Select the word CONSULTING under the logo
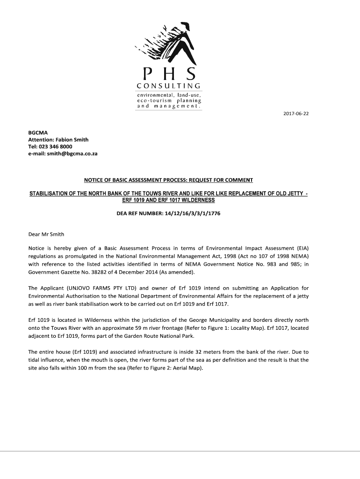(x=169, y=86)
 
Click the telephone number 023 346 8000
(x=56, y=146)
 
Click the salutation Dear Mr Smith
(x=46, y=234)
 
